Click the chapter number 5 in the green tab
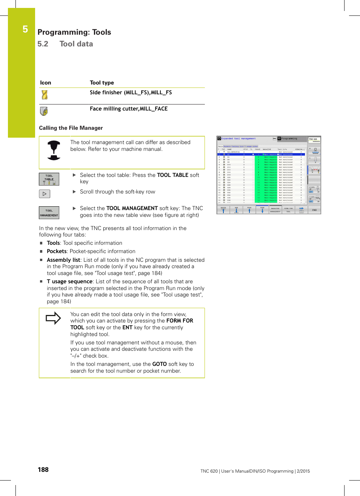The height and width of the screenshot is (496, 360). [25, 29]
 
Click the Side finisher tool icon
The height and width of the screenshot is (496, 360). [45, 95]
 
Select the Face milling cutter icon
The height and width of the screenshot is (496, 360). [44, 111]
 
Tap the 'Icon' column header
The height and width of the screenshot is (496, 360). [46, 83]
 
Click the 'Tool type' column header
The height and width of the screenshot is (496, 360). [102, 83]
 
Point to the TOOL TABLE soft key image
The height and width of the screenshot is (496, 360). [49, 179]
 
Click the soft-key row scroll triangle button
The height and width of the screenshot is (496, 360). [45, 194]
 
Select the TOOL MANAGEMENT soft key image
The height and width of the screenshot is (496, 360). [49, 213]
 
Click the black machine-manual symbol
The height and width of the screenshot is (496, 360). [54, 150]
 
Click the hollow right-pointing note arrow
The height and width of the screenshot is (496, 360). [53, 318]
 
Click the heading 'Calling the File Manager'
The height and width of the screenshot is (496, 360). [71, 128]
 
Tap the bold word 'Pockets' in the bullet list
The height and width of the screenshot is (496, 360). [57, 252]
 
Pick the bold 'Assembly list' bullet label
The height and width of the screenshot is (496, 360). [63, 260]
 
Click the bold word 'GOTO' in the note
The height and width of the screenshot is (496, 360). [159, 364]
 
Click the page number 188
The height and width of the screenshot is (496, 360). [43, 470]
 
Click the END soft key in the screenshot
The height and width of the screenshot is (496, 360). [314, 210]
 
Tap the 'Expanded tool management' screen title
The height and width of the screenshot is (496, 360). [238, 139]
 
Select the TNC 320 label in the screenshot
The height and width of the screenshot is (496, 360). [313, 139]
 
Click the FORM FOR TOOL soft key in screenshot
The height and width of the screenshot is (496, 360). [288, 210]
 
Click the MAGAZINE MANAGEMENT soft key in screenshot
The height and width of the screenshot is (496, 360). [275, 210]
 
